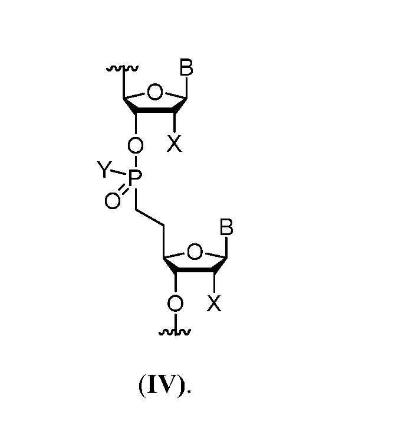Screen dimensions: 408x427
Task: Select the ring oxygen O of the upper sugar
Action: [154, 92]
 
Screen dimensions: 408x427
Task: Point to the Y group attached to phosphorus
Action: [104, 171]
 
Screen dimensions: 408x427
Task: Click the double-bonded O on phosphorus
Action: [110, 202]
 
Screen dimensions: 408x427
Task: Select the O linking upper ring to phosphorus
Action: [135, 145]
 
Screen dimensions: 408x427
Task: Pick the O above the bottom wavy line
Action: [175, 304]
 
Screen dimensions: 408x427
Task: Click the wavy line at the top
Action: [123, 70]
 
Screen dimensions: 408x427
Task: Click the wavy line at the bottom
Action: [175, 333]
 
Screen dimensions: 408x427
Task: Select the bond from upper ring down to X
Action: [175, 123]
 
